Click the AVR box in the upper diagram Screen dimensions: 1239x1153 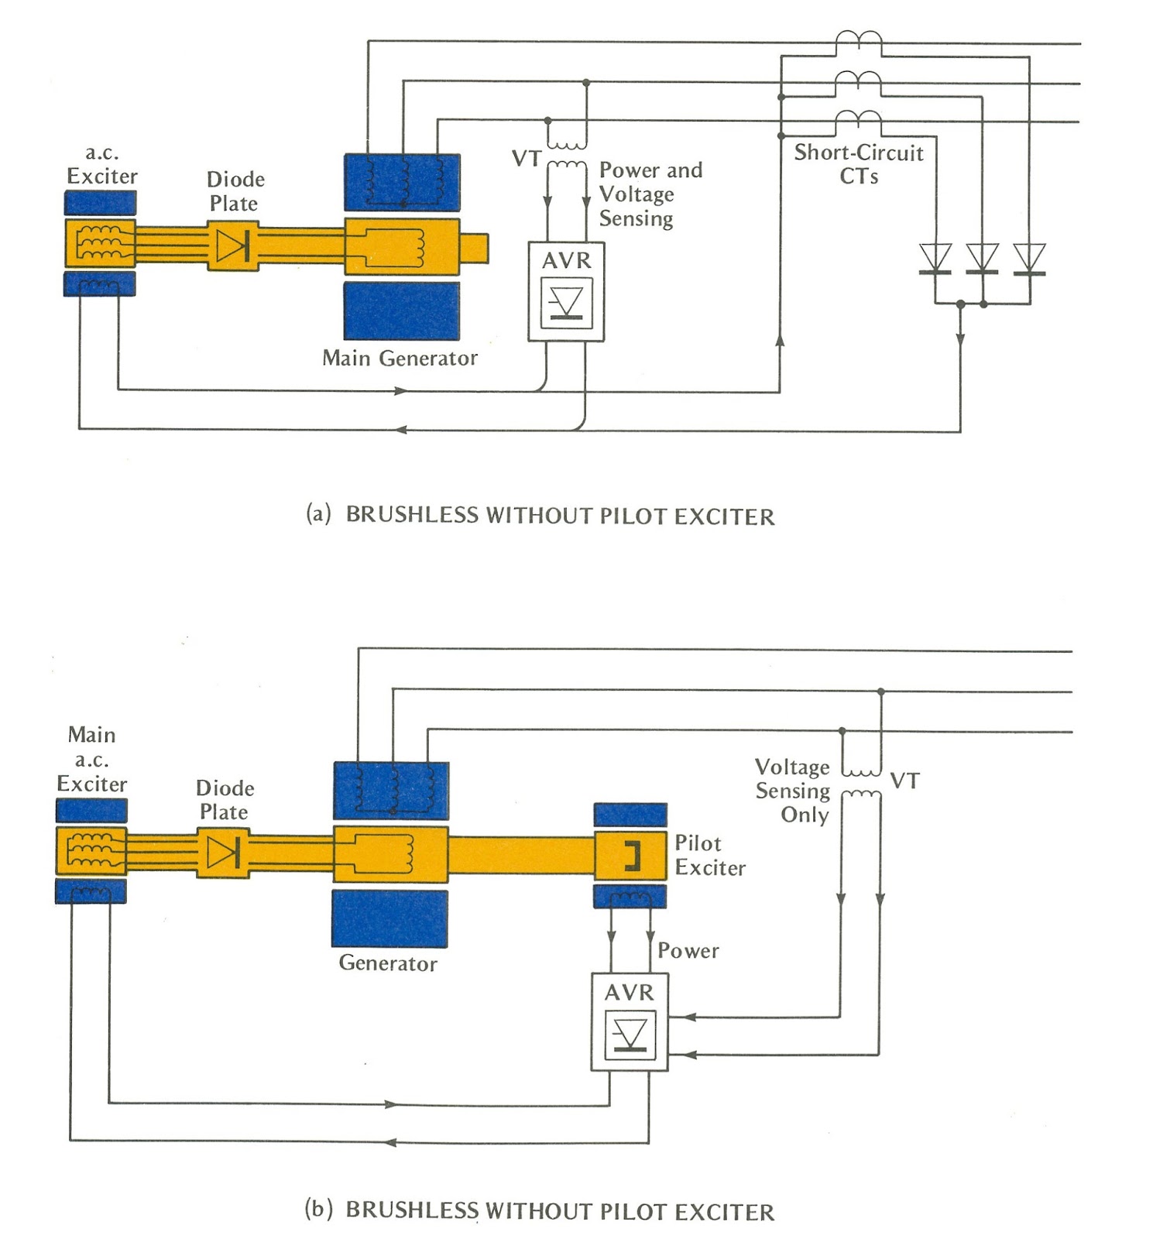(566, 291)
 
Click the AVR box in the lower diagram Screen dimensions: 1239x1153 (629, 1022)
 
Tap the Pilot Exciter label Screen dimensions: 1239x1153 (709, 855)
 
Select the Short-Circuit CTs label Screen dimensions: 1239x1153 (858, 163)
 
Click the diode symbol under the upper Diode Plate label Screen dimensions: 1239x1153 (232, 246)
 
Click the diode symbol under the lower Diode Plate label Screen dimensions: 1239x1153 (223, 853)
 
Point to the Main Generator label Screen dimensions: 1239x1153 (400, 358)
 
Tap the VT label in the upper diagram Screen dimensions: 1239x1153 (527, 159)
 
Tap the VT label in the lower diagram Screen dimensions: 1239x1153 (904, 781)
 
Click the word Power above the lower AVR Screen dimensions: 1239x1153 (688, 950)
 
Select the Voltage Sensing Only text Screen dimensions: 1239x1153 (792, 791)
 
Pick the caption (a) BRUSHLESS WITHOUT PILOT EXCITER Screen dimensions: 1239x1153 (540, 516)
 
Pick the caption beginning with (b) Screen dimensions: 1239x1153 (539, 1210)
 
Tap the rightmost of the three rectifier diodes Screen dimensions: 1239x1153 (1029, 259)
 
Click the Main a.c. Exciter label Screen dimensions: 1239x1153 (91, 759)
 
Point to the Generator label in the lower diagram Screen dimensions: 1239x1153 (387, 963)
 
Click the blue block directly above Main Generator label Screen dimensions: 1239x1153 (401, 311)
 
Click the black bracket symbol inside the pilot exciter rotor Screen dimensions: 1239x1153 (633, 855)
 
